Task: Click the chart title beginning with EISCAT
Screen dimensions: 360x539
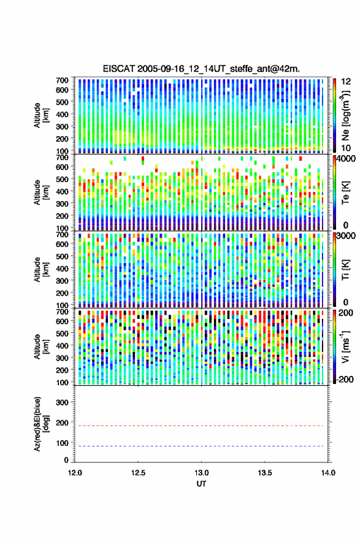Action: coord(201,69)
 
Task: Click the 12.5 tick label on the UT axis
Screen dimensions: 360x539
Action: coord(138,473)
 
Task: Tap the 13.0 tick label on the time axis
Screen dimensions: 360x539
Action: coord(202,473)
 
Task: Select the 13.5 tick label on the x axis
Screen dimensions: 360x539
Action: coord(265,473)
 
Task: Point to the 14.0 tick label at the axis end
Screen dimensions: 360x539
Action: coord(328,473)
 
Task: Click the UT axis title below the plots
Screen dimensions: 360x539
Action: coord(202,484)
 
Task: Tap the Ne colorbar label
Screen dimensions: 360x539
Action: coord(345,115)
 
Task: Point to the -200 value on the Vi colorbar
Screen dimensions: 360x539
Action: coord(345,379)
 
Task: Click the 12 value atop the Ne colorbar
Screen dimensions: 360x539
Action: coord(346,82)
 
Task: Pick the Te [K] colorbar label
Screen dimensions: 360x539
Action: coord(345,192)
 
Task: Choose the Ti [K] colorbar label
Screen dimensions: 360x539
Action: coord(345,270)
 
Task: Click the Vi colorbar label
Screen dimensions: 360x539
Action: coord(345,346)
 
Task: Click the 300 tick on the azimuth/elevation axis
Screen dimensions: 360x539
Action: coord(62,402)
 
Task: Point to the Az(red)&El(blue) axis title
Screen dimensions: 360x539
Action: coord(42,424)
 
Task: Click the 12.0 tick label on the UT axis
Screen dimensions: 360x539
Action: coord(75,473)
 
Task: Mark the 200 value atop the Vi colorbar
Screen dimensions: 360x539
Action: coord(345,313)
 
